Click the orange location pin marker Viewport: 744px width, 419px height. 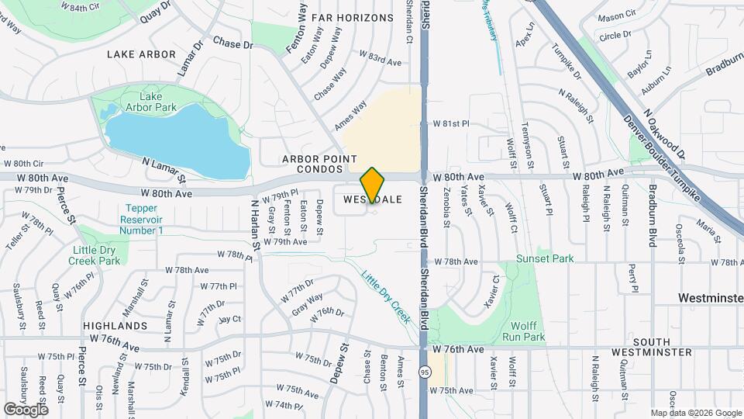pos(373,185)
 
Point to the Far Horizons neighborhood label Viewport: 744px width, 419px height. pos(353,17)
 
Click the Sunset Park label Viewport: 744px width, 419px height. pos(546,258)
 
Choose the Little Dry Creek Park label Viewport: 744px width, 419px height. pos(97,255)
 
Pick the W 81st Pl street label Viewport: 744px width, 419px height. pos(452,123)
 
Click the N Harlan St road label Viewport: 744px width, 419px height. pos(254,222)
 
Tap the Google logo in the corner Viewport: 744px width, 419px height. pos(26,409)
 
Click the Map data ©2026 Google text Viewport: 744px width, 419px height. pos(696,413)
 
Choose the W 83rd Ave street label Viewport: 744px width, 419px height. pos(380,57)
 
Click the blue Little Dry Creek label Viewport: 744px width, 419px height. pos(385,295)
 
